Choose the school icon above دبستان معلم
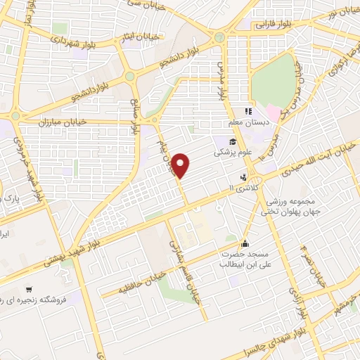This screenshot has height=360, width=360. click(247, 111)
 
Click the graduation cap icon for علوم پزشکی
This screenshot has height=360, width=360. click(232, 141)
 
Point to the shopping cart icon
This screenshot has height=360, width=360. click(29, 289)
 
